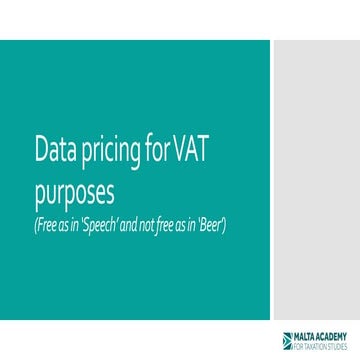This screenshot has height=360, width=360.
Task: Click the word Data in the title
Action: click(54, 150)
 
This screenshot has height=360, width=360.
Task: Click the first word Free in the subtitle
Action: click(48, 220)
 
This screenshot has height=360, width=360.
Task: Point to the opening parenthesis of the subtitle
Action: click(37, 220)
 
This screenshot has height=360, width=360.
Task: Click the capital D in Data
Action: click(41, 150)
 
